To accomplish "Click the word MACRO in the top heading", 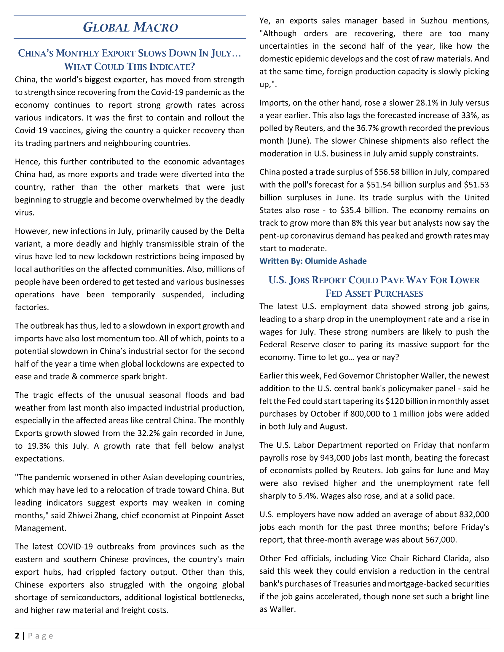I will coord(156,27).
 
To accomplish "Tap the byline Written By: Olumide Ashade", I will coord(312,261).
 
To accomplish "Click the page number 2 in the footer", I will coord(17,636).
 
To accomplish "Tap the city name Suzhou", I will coord(434,21).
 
